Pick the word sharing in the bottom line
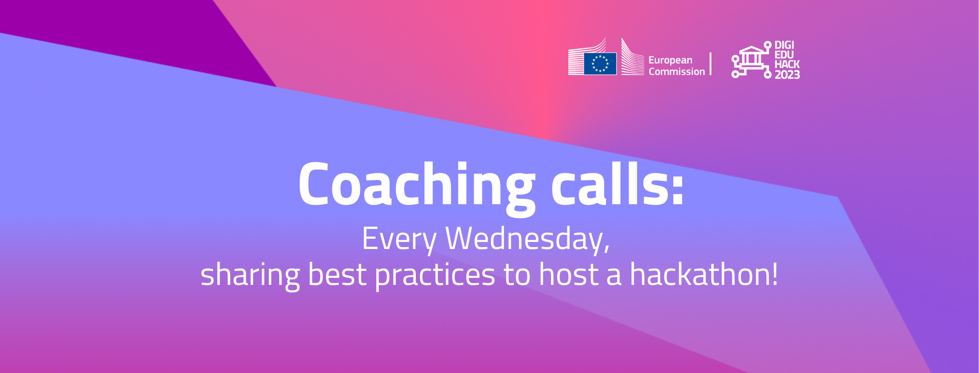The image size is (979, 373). [x=250, y=275]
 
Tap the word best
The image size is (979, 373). [x=337, y=274]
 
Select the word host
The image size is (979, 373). [x=568, y=274]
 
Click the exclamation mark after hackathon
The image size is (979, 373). [x=774, y=274]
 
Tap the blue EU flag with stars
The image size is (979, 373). [x=600, y=63]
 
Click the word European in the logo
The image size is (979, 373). [x=670, y=61]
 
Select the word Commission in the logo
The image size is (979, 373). [x=677, y=72]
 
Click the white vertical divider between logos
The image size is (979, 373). [x=710, y=64]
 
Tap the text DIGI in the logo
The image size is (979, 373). [x=784, y=45]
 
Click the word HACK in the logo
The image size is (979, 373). [x=787, y=64]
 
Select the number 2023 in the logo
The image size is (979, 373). [x=787, y=75]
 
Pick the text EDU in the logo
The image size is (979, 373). [x=784, y=55]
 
